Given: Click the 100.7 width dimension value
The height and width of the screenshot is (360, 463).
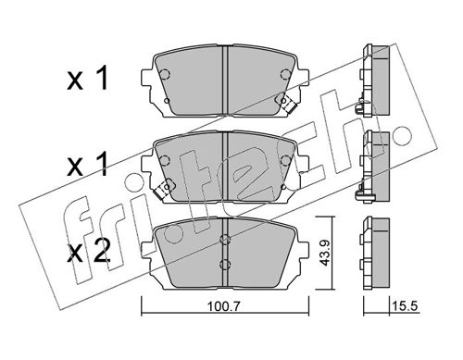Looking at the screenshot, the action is coord(223,306).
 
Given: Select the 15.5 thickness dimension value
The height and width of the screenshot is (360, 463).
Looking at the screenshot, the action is coord(405,306).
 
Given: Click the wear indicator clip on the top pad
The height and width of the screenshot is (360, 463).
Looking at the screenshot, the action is coord(287,104).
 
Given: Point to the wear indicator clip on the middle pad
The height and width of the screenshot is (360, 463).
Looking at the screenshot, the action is coord(163,189).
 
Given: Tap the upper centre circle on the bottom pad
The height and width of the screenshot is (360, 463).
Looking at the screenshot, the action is coord(225,239).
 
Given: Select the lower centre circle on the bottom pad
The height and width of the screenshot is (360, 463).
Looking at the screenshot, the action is coord(225,264).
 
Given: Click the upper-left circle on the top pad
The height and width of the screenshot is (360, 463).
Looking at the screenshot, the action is coord(165,74).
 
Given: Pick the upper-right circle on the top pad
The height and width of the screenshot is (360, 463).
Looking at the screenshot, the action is coord(285,74).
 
